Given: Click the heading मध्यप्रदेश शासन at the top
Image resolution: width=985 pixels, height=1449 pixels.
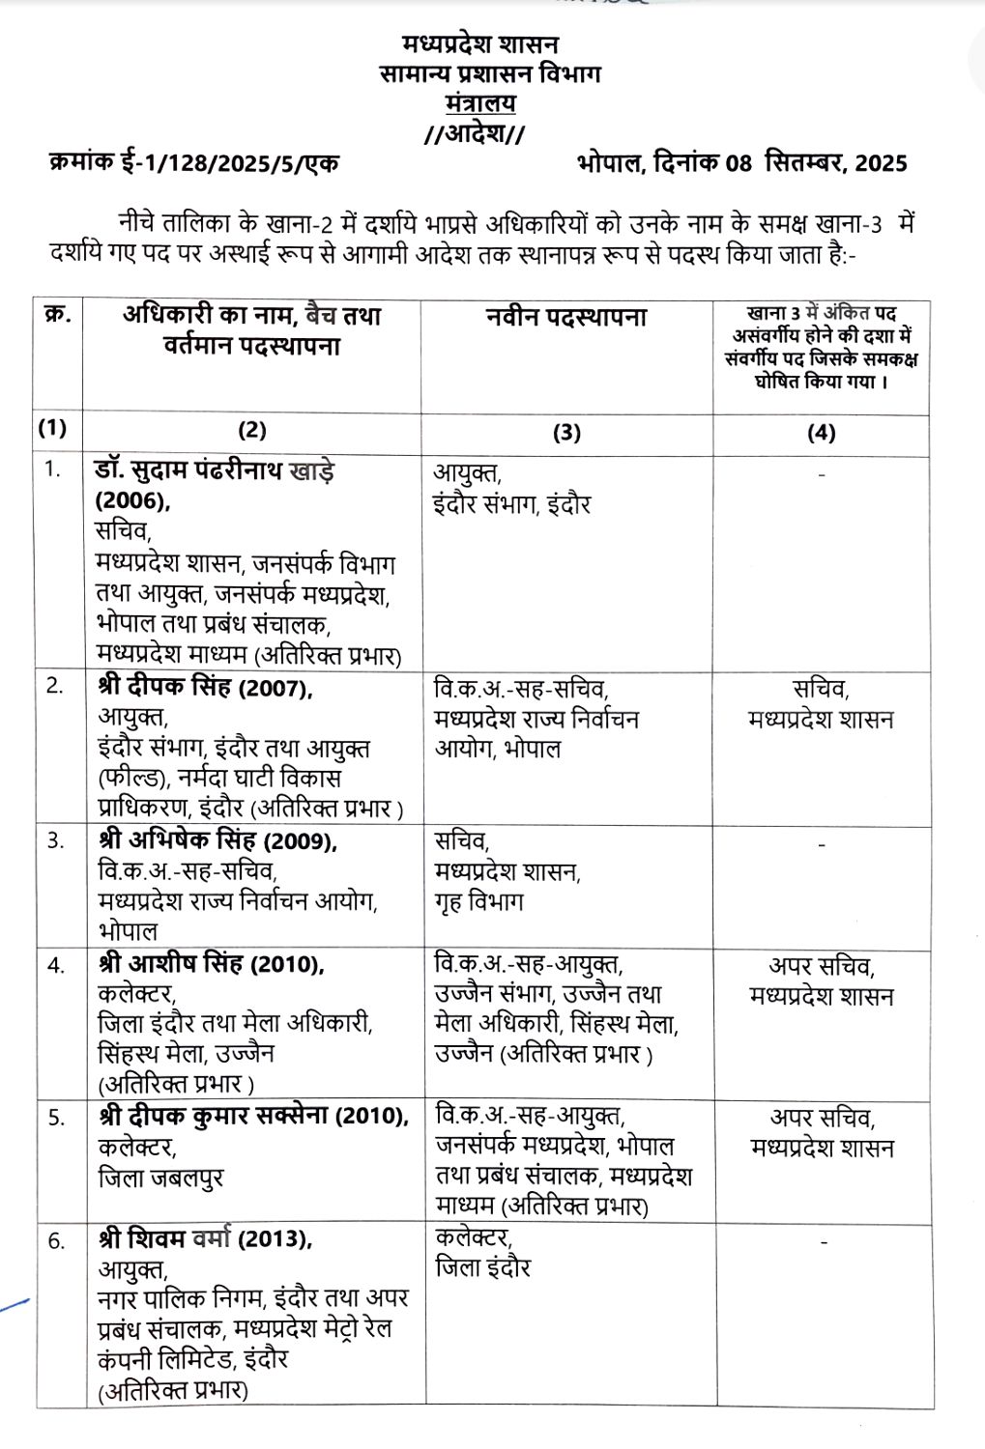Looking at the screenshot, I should pyautogui.click(x=480, y=44).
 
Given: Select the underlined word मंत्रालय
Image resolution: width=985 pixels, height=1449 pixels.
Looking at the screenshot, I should pyautogui.click(x=480, y=103).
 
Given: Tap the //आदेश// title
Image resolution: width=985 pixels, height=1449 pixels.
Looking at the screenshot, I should pyautogui.click(x=475, y=133).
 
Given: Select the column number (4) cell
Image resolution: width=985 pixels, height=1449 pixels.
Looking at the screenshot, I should pyautogui.click(x=821, y=433).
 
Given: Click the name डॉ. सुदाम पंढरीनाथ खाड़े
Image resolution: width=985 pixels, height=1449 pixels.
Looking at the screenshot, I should pyautogui.click(x=215, y=471).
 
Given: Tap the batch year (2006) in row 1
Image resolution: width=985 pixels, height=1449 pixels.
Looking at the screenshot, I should pyautogui.click(x=132, y=500).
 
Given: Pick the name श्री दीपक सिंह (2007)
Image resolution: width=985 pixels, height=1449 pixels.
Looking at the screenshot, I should pyautogui.click(x=205, y=687).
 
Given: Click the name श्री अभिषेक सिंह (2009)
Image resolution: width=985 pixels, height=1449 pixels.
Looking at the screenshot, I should pyautogui.click(x=217, y=840).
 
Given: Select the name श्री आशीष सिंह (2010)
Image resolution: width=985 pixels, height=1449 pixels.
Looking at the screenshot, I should pyautogui.click(x=211, y=964).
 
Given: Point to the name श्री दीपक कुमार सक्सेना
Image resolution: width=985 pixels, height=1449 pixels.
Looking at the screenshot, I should pyautogui.click(x=216, y=1117).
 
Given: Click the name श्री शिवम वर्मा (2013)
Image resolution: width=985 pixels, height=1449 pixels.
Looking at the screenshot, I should pyautogui.click(x=205, y=1239).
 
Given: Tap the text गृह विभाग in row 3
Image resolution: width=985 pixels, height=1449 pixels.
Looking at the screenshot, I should pyautogui.click(x=478, y=902).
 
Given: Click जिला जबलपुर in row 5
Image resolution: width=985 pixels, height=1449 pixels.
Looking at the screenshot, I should pyautogui.click(x=160, y=1179).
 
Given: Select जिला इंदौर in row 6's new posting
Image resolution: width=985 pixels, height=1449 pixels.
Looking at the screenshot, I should pyautogui.click(x=482, y=1267).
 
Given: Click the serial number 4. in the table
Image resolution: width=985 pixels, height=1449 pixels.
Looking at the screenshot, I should pyautogui.click(x=56, y=965).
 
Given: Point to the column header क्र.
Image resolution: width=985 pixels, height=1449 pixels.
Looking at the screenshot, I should pyautogui.click(x=57, y=316).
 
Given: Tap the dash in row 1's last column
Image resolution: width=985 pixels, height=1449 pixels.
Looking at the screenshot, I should pyautogui.click(x=821, y=474).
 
